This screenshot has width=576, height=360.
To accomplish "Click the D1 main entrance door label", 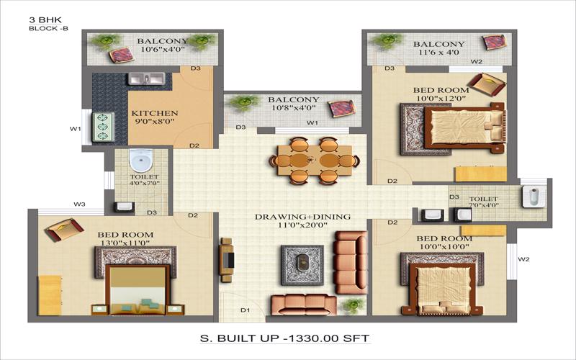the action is tap(245, 310).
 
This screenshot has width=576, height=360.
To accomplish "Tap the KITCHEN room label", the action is tap(155, 113).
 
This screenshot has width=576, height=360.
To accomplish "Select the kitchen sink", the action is tap(146, 78).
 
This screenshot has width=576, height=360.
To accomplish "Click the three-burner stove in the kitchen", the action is tap(103, 127).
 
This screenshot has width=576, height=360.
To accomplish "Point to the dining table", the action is tap(315, 161).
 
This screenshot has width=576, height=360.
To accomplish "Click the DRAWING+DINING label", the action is tap(302, 217).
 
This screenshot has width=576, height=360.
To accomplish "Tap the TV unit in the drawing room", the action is tap(227, 260).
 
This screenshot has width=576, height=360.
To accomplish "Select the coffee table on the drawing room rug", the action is tap(302, 262).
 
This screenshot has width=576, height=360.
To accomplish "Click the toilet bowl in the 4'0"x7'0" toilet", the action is tap(140, 160).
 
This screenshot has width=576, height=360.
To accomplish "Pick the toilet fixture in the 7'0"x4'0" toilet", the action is tap(531, 196).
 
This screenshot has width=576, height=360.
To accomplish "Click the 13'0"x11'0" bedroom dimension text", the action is tap(125, 243).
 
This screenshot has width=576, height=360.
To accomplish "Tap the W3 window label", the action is tap(79, 204).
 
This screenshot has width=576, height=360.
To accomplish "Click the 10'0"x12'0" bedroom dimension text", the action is tap(441, 99).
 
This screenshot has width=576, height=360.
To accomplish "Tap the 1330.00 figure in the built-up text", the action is tap(313, 338).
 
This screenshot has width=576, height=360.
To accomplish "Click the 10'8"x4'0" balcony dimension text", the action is tap(294, 108).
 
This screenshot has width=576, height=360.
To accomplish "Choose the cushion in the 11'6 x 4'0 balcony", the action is tap(495, 42).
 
